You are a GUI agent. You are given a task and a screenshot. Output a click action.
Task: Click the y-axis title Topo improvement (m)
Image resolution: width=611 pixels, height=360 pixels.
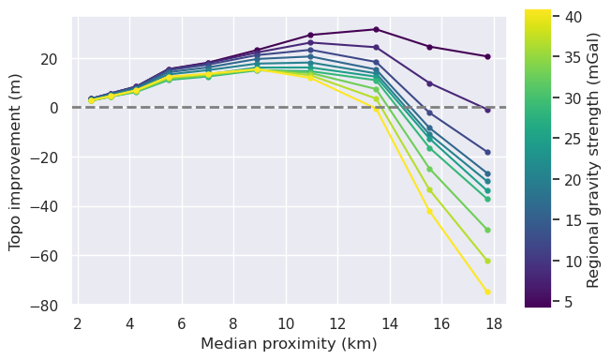[15, 160]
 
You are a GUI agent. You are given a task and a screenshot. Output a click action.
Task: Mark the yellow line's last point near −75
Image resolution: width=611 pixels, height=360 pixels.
[487, 292]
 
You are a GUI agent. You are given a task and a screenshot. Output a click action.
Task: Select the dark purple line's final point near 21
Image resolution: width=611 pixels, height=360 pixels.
[487, 56]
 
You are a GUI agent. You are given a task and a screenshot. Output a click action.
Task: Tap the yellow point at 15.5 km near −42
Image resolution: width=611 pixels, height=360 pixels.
[429, 211]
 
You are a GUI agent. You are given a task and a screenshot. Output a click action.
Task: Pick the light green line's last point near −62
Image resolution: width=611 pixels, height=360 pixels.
[487, 261]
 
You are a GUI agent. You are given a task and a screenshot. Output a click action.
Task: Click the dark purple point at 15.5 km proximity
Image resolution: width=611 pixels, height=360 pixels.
[429, 47]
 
